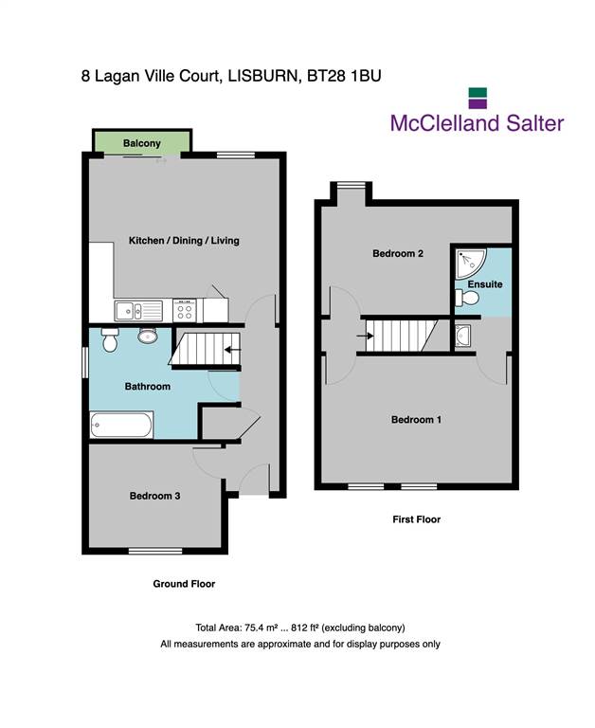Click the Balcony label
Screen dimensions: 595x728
pyautogui.click(x=141, y=143)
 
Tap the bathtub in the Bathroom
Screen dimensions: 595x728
pyautogui.click(x=121, y=425)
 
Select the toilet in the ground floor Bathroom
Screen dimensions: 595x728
pyautogui.click(x=110, y=340)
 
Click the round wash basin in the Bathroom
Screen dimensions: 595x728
pyautogui.click(x=148, y=336)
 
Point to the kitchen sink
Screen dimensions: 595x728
pyautogui.click(x=138, y=311)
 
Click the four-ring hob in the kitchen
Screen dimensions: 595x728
pyautogui.click(x=185, y=311)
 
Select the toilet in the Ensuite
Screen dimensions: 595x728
pyautogui.click(x=467, y=298)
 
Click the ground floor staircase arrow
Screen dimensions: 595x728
pyautogui.click(x=232, y=350)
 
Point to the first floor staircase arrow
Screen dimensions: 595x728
pyautogui.click(x=365, y=336)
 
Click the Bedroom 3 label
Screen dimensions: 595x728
pyautogui.click(x=154, y=496)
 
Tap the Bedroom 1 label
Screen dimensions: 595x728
pyautogui.click(x=416, y=420)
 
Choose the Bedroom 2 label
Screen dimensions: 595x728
pyautogui.click(x=398, y=253)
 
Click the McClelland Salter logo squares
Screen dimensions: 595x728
pyautogui.click(x=478, y=98)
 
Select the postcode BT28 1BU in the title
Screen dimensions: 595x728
pyautogui.click(x=344, y=76)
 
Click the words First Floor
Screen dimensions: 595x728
pyautogui.click(x=416, y=519)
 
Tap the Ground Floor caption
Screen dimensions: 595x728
pyautogui.click(x=184, y=584)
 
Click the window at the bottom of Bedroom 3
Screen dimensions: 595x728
pyautogui.click(x=155, y=551)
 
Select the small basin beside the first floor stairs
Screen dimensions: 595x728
pyautogui.click(x=462, y=336)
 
